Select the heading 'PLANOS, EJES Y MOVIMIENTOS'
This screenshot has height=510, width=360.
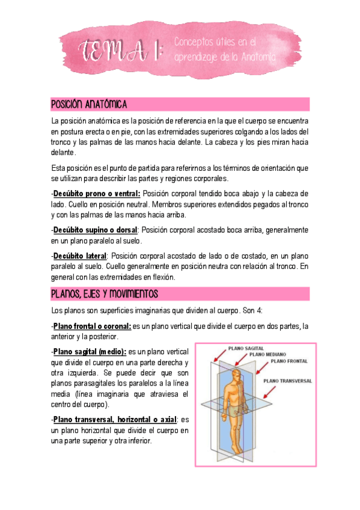point(104,293)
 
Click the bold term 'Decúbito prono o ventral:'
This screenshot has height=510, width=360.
point(96,193)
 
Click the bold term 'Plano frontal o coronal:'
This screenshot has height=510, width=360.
point(92,326)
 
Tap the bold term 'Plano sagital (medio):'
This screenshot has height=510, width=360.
point(90,352)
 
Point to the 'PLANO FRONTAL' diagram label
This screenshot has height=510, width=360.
point(289,362)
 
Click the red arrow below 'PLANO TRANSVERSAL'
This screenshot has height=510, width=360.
point(271,392)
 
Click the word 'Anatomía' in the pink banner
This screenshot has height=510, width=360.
point(258,58)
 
